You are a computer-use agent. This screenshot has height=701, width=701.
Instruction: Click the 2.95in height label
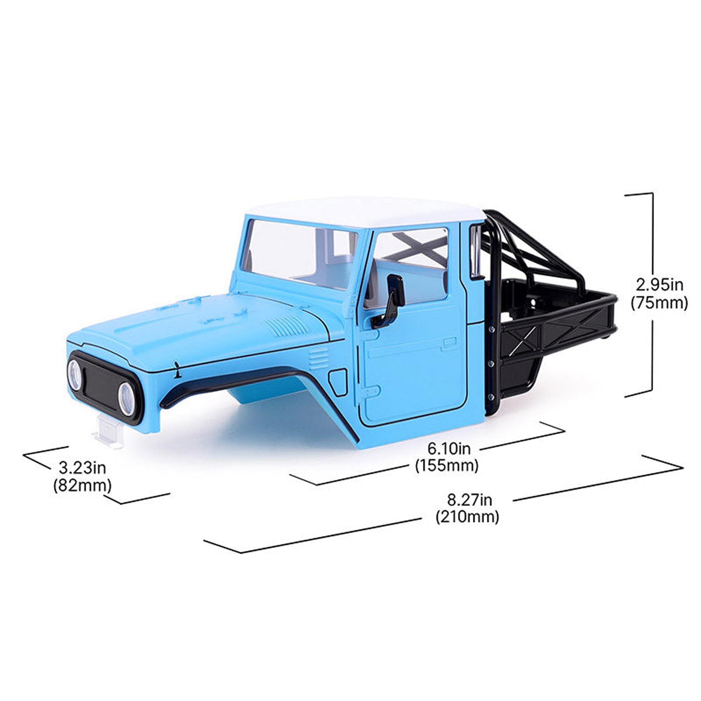(659, 286)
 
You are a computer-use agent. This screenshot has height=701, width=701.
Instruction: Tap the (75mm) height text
(659, 303)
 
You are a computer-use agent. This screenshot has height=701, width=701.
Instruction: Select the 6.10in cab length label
(449, 449)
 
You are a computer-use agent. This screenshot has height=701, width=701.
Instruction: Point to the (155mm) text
(447, 466)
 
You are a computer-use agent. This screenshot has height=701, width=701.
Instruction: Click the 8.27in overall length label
(470, 501)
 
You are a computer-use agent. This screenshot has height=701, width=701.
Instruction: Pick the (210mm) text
(468, 517)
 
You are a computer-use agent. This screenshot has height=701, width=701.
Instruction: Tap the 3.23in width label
(82, 468)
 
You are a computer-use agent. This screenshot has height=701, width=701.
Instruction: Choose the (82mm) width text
(82, 485)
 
